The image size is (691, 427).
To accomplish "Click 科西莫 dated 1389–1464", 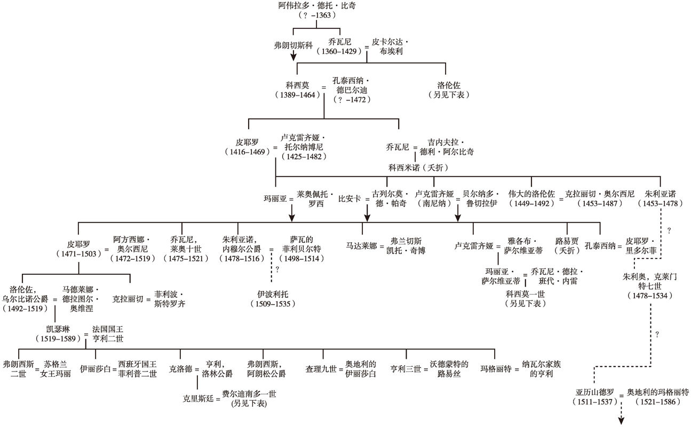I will click(x=298, y=85).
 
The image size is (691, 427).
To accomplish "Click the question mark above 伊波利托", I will click(x=277, y=269).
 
